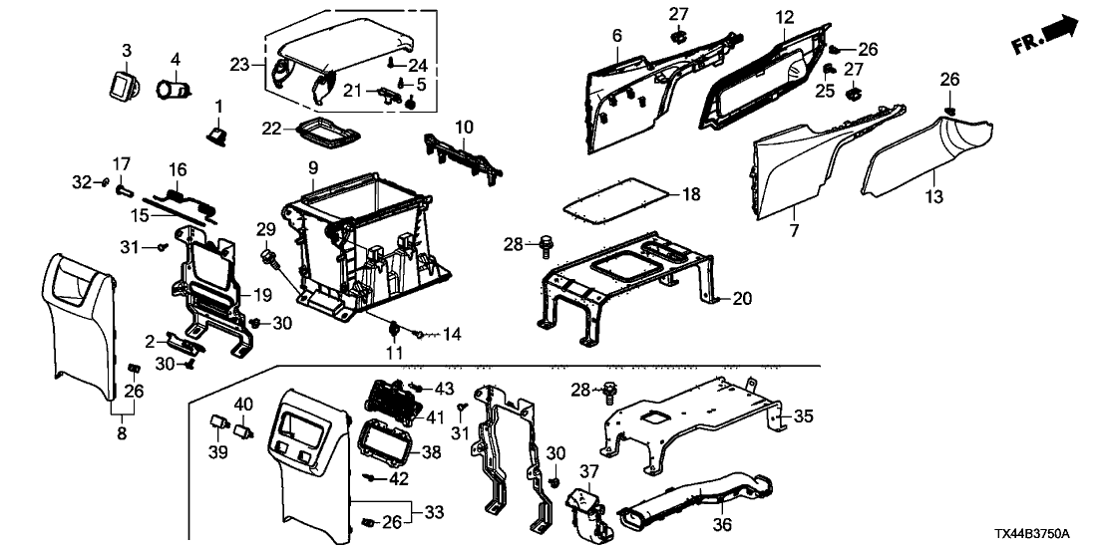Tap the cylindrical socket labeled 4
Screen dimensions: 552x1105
point(178,92)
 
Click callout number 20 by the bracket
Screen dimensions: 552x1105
point(740,297)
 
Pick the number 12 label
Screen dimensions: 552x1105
point(784,16)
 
